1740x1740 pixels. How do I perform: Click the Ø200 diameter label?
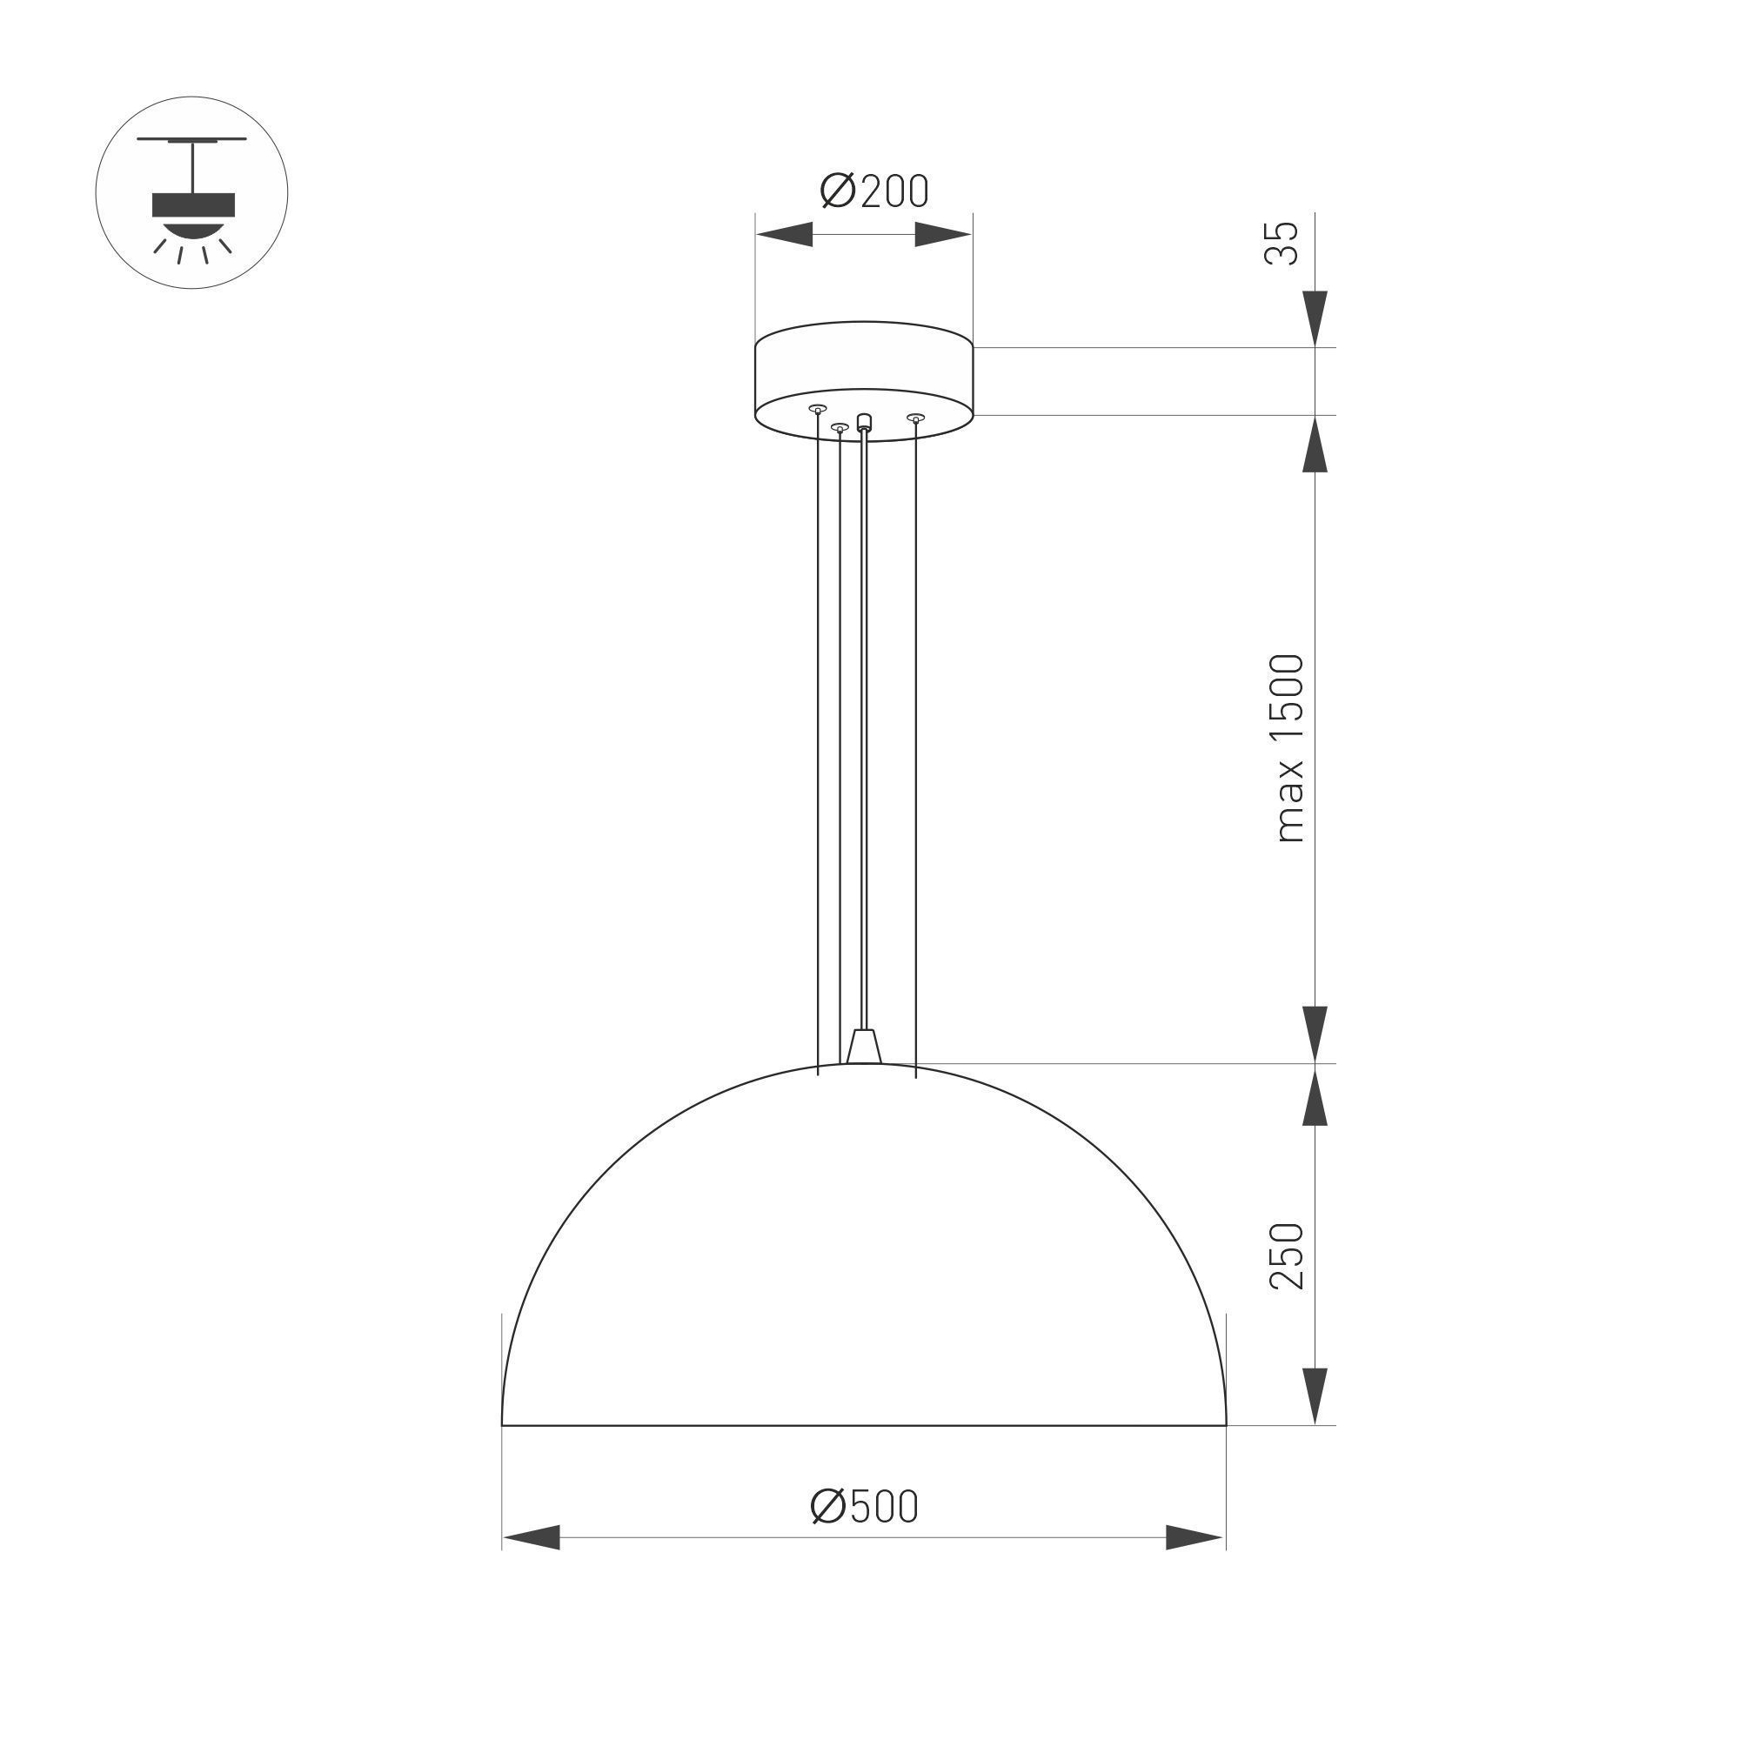(x=873, y=191)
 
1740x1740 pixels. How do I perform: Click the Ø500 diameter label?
(x=864, y=1507)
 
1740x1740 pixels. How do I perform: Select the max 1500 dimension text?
(x=1288, y=748)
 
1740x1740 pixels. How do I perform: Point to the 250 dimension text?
(x=1286, y=1255)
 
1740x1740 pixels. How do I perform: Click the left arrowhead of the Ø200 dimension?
(x=784, y=235)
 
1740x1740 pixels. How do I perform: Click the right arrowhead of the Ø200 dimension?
(x=943, y=235)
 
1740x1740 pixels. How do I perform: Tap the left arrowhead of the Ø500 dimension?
(x=532, y=1537)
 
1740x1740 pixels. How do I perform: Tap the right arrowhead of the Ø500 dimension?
(x=1195, y=1537)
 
